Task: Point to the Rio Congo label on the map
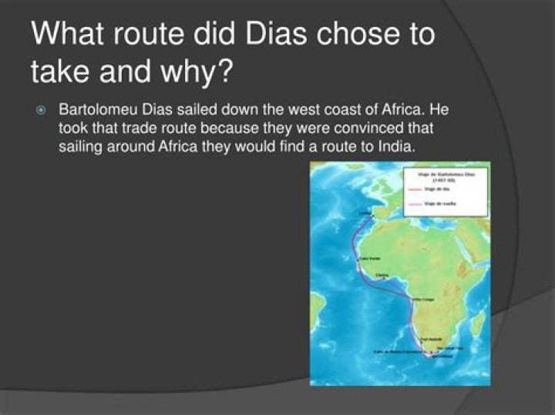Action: pyautogui.click(x=423, y=299)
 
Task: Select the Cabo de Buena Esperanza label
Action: pyautogui.click(x=398, y=352)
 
